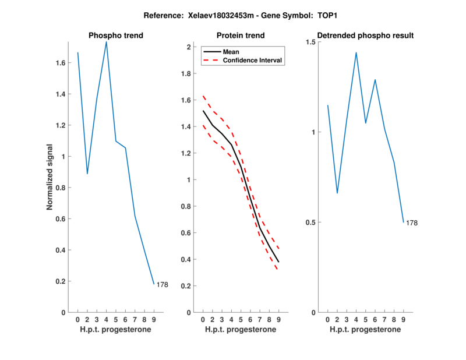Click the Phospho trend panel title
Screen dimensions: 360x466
click(x=115, y=36)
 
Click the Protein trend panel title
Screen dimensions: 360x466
click(x=240, y=36)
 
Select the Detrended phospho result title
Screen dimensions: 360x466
click(x=365, y=36)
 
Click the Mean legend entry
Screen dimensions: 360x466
click(x=231, y=52)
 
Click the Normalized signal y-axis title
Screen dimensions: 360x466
click(x=50, y=177)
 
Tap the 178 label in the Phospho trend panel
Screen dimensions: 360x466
click(x=163, y=285)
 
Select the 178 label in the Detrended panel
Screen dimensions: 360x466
click(x=412, y=223)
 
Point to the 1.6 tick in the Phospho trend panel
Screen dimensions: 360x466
click(x=60, y=62)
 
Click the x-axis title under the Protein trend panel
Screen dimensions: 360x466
click(x=240, y=330)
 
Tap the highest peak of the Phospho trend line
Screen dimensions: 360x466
click(x=106, y=42)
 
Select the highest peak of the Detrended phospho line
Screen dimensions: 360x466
click(x=356, y=52)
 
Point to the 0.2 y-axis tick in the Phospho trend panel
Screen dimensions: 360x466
click(x=60, y=281)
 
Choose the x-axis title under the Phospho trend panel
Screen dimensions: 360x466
click(x=115, y=330)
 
